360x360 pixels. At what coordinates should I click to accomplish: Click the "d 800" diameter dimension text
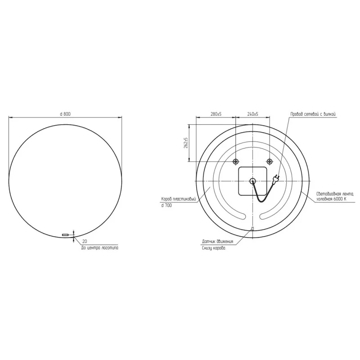(65, 114)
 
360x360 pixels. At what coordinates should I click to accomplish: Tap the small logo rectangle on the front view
(66, 234)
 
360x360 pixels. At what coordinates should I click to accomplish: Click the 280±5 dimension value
(216, 114)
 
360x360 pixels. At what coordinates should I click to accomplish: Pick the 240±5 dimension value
(252, 114)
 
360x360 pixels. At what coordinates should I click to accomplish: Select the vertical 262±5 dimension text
(185, 144)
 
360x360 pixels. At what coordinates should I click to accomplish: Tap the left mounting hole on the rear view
(235, 162)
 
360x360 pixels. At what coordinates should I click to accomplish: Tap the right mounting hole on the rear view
(269, 162)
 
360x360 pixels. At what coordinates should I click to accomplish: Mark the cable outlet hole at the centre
(252, 181)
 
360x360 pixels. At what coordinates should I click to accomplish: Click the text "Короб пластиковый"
(179, 198)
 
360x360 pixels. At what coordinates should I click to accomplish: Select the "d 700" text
(166, 205)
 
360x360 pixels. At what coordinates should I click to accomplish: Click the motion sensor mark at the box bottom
(252, 229)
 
